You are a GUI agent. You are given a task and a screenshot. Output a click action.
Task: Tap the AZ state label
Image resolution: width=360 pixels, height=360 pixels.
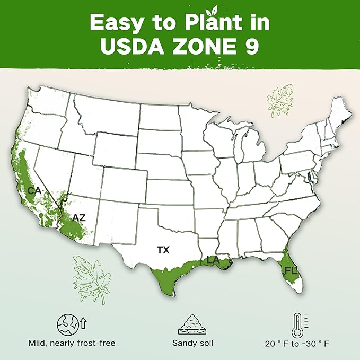click(x=78, y=217)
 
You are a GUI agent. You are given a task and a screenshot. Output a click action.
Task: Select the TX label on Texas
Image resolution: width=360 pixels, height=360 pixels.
click(x=163, y=249)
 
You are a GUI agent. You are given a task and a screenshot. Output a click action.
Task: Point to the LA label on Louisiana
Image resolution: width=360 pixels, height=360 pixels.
click(x=212, y=261)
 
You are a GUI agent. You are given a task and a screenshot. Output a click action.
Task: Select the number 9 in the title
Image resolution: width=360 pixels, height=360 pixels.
click(x=251, y=46)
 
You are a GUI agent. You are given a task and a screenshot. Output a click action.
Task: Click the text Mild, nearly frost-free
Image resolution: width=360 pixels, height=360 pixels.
click(x=71, y=343)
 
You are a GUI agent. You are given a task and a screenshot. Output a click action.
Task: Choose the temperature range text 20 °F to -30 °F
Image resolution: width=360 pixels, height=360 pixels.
click(x=297, y=344)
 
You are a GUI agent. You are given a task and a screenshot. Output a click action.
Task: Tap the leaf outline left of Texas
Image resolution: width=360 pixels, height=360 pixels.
click(x=92, y=276)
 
